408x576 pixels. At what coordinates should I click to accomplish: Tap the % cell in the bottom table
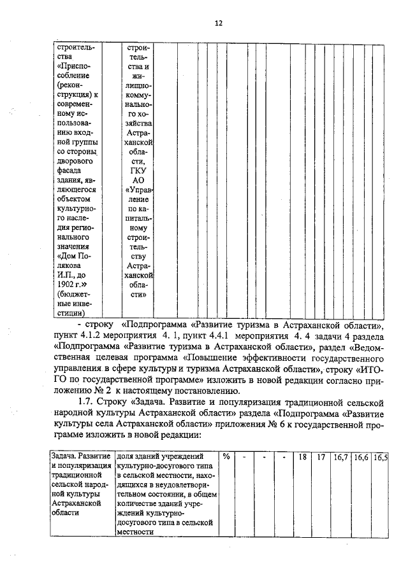[x=226, y=456]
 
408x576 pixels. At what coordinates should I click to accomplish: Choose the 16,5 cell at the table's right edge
[x=381, y=456]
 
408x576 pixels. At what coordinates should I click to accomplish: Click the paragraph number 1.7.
[x=85, y=403]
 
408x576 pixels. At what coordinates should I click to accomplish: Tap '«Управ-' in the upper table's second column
[x=140, y=190]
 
